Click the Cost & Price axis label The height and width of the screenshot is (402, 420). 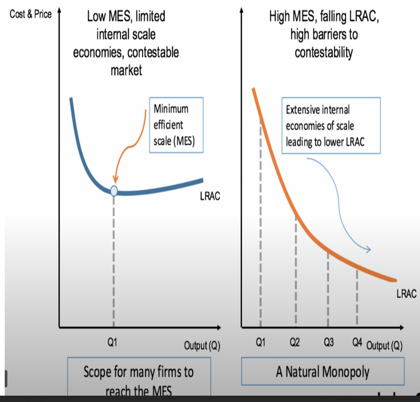tap(31, 14)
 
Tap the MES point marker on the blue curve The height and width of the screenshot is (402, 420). tap(114, 190)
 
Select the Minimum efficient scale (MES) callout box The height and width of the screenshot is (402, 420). tap(176, 125)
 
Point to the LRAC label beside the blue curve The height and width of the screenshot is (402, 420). tap(210, 197)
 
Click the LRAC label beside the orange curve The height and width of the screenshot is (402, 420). tap(406, 293)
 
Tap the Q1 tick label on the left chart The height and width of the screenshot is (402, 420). tap(112, 343)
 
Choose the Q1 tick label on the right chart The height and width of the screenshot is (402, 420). tap(260, 343)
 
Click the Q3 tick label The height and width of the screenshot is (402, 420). tap(329, 343)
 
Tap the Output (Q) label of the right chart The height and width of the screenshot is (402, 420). tap(384, 346)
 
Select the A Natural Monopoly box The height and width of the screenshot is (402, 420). tap(323, 372)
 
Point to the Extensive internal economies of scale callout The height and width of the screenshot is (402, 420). tap(331, 126)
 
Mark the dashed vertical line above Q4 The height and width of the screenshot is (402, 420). tap(357, 297)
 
